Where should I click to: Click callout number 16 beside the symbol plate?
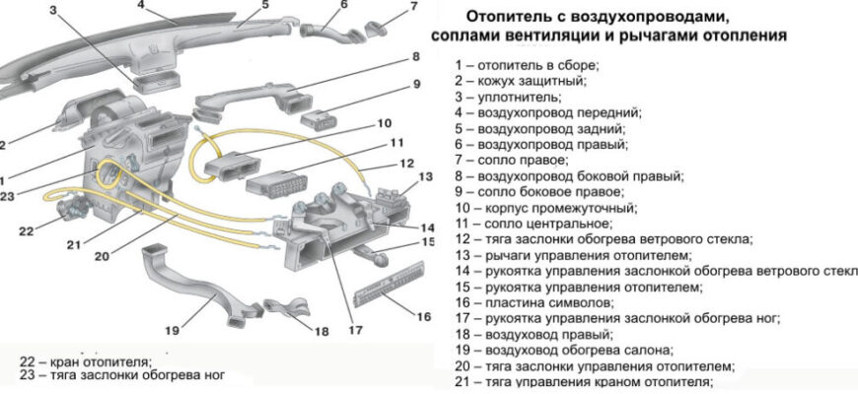click(423, 317)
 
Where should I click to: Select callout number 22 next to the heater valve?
click(27, 231)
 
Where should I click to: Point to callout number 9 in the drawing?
click(417, 84)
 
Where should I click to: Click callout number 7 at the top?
click(413, 8)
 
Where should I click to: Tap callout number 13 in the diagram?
click(425, 177)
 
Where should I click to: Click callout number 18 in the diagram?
click(321, 332)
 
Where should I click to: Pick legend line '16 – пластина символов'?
click(533, 303)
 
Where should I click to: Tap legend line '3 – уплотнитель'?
click(508, 98)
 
